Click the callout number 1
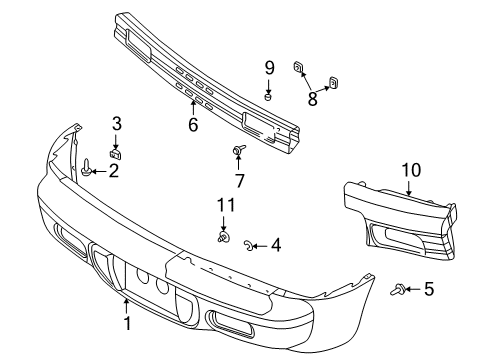pyautogui.click(x=126, y=323)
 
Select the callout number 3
pyautogui.click(x=116, y=123)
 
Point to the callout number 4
pyautogui.click(x=275, y=244)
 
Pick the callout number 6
pyautogui.click(x=193, y=125)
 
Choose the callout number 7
pyautogui.click(x=240, y=181)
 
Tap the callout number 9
pyautogui.click(x=269, y=67)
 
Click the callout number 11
pyautogui.click(x=226, y=206)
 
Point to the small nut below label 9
pyautogui.click(x=268, y=95)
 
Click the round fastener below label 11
pyautogui.click(x=225, y=238)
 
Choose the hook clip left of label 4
pyautogui.click(x=250, y=244)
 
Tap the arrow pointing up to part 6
pyautogui.click(x=193, y=103)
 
